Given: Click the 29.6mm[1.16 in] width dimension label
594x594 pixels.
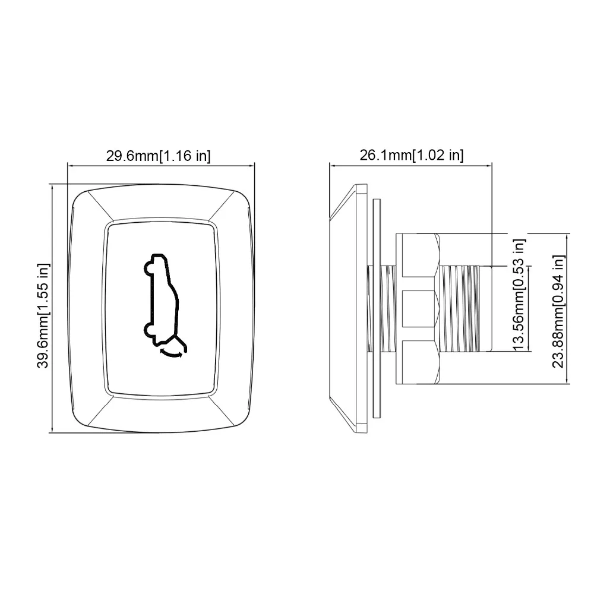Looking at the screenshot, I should (159, 156).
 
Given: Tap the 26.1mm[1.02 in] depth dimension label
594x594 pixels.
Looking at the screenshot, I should (412, 156).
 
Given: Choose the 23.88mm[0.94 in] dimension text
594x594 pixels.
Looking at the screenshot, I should (558, 311).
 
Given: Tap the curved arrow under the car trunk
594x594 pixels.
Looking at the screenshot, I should (173, 354).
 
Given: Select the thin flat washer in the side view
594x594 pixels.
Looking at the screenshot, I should (376, 308).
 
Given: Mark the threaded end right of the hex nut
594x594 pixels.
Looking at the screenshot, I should (466, 308).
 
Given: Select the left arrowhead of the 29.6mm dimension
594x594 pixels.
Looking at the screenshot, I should (70, 166).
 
